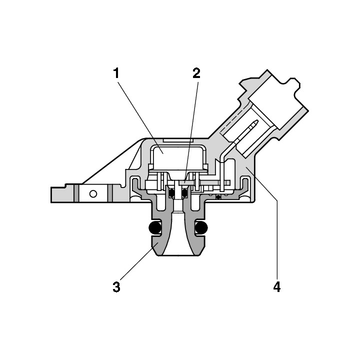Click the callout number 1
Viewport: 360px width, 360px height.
[116, 73]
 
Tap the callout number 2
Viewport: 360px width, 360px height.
[196, 73]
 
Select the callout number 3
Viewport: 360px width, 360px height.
[116, 287]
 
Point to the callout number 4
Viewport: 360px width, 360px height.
[277, 287]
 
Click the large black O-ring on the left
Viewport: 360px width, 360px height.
[155, 228]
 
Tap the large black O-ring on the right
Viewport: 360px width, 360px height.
[201, 228]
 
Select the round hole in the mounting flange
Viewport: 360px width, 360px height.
[93, 194]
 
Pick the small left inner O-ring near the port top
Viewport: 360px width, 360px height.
[171, 193]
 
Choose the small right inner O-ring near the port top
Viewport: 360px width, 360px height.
[184, 193]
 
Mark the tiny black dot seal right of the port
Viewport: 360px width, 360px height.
[218, 197]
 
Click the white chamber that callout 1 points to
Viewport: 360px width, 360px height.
[177, 157]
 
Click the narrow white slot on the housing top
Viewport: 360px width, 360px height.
[177, 140]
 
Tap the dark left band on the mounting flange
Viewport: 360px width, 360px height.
[76, 193]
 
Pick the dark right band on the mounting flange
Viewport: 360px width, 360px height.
[110, 193]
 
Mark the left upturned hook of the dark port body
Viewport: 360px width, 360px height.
[135, 185]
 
